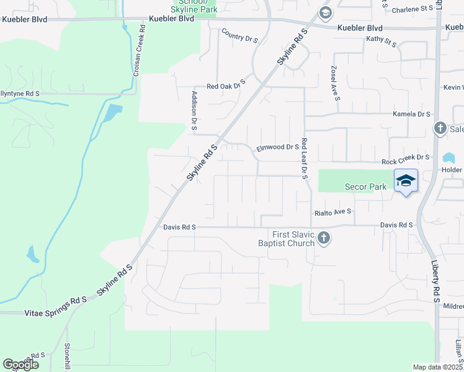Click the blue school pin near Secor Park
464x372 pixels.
point(406,181)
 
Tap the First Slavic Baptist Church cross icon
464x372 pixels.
point(324,238)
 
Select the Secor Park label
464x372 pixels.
point(365,187)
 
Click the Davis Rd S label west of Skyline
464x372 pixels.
point(179,228)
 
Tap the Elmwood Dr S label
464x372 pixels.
point(278,148)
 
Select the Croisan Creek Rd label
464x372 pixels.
point(138,51)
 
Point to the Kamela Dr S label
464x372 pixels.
point(412,114)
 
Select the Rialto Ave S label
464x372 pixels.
point(333,211)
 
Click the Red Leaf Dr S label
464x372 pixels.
point(305,159)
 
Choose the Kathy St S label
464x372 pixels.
point(381,41)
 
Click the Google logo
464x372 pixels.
point(20,365)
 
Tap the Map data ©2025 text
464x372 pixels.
point(437,367)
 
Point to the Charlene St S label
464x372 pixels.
point(413,9)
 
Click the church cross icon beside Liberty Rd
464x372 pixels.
point(440,128)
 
